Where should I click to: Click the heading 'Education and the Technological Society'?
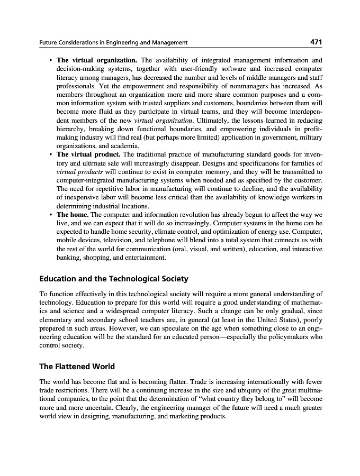coord(114,279)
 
